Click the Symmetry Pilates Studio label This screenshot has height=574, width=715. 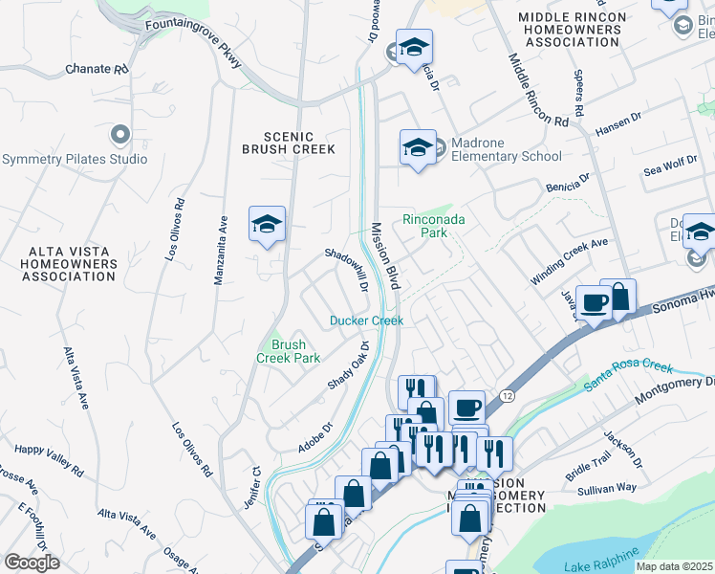[x=75, y=159]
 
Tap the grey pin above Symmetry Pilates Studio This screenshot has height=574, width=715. [x=119, y=134]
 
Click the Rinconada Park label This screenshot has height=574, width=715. [x=433, y=226]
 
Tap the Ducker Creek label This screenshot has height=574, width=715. [x=367, y=320]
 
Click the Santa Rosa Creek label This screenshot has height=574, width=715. [x=630, y=374]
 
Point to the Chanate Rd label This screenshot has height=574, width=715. [x=97, y=70]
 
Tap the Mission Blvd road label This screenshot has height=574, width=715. [x=384, y=254]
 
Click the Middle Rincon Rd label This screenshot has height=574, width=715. [x=538, y=91]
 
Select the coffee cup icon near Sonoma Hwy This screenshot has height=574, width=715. [x=594, y=301]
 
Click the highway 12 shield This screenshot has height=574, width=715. [x=507, y=394]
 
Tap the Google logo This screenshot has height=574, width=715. [x=32, y=563]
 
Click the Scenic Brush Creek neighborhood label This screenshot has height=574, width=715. [x=288, y=143]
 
